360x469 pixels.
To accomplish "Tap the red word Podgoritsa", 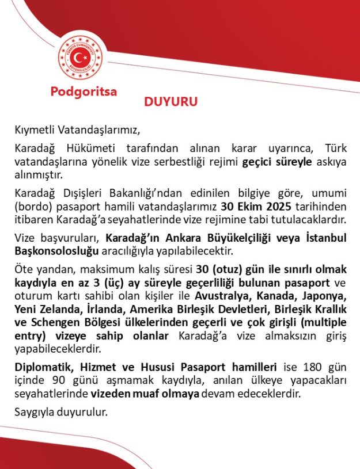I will click(84, 91).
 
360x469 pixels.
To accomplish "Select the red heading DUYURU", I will click(170, 102).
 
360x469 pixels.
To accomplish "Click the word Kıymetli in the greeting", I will click(33, 128).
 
